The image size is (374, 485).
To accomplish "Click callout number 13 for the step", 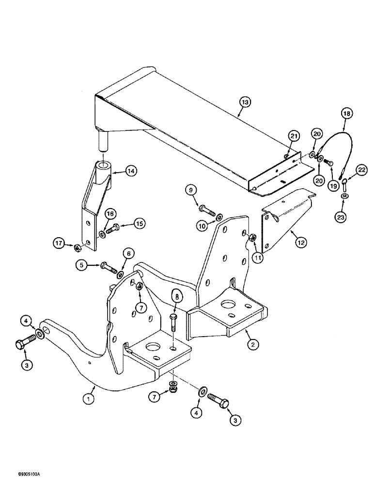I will (x=246, y=102).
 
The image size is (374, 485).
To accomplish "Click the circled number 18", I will (x=346, y=113).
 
